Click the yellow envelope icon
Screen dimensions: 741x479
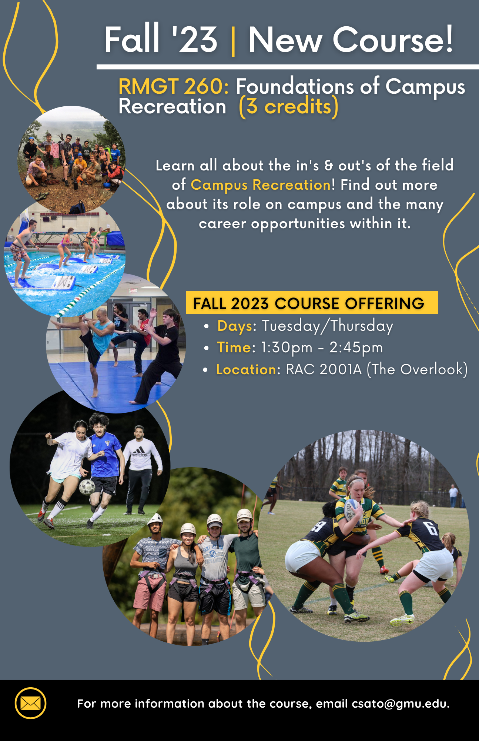(x=30, y=703)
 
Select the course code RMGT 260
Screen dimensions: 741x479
(x=173, y=86)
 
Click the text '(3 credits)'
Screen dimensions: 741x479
(x=289, y=107)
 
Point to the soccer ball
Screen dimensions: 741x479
(x=87, y=487)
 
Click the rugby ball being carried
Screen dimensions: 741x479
(x=352, y=509)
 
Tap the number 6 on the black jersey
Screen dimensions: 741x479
(x=432, y=528)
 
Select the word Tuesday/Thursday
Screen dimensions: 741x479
(x=327, y=326)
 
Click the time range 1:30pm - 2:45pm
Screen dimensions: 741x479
(x=322, y=348)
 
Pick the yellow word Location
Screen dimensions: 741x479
(x=246, y=369)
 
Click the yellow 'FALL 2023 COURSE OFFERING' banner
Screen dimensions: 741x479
(x=312, y=303)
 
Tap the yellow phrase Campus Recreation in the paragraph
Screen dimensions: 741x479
(x=261, y=185)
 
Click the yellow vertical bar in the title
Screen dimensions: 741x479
(x=233, y=40)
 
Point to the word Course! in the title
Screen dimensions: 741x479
(x=392, y=40)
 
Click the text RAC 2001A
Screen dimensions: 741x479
(x=324, y=369)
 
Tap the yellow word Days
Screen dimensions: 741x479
(x=234, y=326)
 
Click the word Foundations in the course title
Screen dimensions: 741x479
(x=295, y=86)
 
